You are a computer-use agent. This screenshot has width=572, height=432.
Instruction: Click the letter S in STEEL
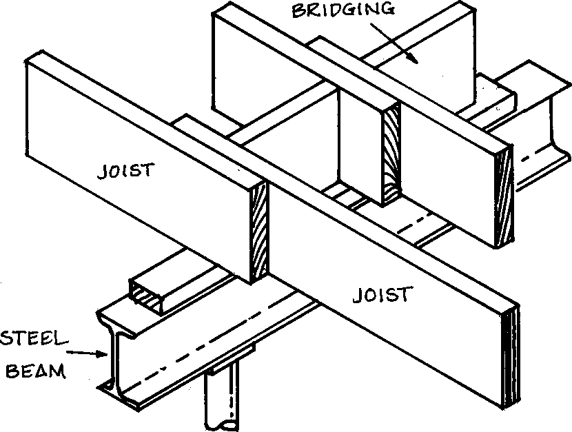pos(7,338)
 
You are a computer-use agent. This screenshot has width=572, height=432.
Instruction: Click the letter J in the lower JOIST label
pos(357,295)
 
